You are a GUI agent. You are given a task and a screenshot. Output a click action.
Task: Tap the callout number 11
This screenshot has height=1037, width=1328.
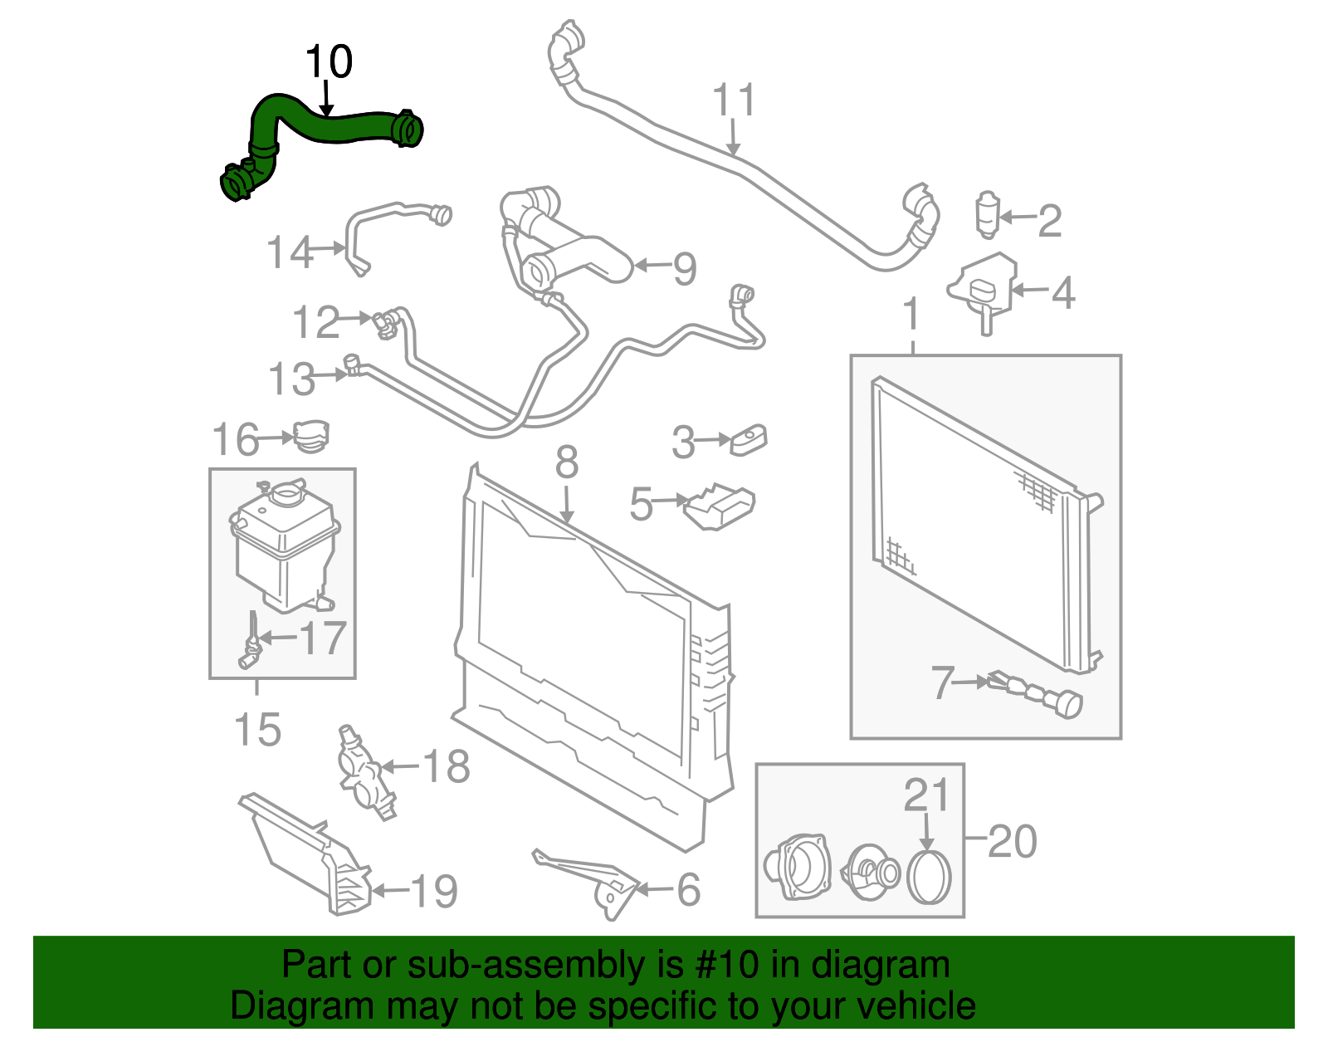[734, 100]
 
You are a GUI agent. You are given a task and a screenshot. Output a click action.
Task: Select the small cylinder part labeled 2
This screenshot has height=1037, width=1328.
[987, 214]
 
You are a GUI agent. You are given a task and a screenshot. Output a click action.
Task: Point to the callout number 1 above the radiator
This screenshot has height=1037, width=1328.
[911, 315]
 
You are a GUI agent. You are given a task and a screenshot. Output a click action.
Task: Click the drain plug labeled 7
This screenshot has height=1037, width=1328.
[1037, 692]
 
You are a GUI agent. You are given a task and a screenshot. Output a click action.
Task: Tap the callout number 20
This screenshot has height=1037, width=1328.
[1013, 841]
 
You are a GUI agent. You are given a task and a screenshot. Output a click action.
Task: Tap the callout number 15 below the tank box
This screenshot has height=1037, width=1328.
[257, 730]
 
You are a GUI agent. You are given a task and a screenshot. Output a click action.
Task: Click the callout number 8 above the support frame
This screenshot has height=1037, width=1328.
[566, 462]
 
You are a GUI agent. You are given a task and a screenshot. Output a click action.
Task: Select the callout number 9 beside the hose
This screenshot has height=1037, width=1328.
[684, 268]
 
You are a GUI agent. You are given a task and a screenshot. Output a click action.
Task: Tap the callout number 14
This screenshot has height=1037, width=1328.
[289, 252]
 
